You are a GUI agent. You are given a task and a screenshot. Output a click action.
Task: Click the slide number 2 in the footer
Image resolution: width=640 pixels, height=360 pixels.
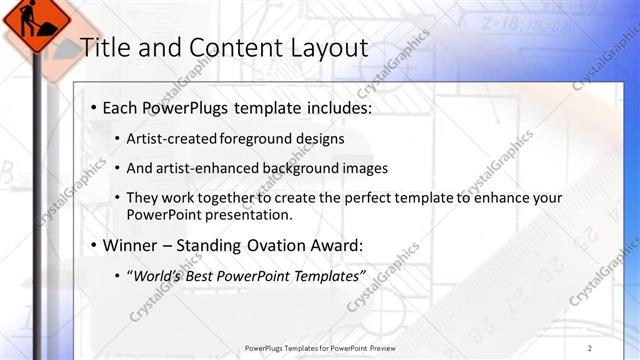[x=590, y=348]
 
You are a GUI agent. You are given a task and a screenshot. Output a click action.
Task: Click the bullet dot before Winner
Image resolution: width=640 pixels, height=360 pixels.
[x=93, y=245]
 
